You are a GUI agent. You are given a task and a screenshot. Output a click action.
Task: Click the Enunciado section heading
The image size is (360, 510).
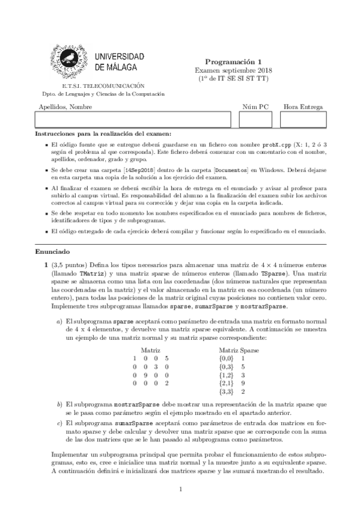pos(52,251)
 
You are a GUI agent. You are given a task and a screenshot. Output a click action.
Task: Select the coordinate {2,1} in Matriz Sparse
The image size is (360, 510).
pos(227,382)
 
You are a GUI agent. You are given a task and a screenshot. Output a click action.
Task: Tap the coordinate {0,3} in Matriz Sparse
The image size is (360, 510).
pos(227,366)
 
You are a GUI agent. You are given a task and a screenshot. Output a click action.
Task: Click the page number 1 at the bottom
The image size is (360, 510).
pos(180,490)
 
